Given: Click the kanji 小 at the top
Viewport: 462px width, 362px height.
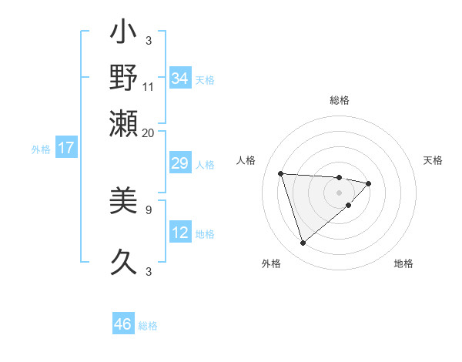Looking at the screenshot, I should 124,35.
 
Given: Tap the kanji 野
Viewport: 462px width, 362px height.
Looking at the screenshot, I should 124,77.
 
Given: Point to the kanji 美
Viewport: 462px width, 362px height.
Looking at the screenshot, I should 124,202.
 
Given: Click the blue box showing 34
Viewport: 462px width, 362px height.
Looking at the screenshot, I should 179,79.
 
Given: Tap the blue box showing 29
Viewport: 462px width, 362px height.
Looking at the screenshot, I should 179,164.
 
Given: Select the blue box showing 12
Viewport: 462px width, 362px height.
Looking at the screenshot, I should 179,233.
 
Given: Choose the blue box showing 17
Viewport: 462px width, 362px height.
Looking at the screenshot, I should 65,148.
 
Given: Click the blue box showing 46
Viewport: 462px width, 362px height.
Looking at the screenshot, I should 122,324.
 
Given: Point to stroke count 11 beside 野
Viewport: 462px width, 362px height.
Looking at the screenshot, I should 148,86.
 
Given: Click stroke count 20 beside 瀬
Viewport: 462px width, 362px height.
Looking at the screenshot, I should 148,132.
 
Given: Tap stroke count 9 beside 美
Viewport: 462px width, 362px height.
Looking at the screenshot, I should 149,209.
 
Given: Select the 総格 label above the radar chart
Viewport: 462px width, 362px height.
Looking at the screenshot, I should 339,100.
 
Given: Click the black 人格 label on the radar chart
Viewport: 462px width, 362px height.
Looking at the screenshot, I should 246,160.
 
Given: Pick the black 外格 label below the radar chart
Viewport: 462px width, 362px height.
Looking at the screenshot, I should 270,263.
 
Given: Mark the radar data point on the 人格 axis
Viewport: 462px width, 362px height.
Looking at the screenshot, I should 281,173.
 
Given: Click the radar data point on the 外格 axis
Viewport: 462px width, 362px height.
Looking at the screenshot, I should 303,243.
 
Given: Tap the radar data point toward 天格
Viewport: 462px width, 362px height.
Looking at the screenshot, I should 369,183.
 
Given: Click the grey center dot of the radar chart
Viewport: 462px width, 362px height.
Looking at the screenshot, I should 339,193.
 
